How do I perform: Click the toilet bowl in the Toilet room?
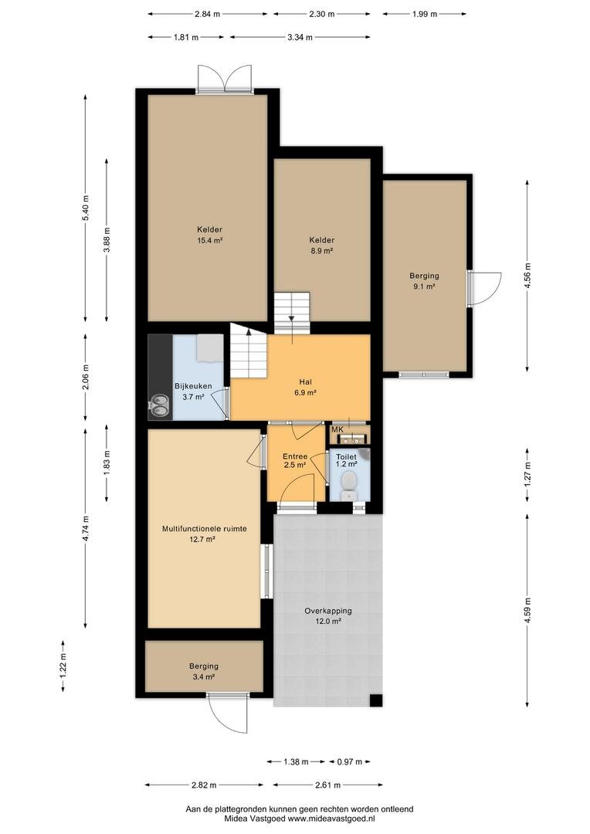pos(349,484)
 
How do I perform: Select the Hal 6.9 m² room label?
pos(305,387)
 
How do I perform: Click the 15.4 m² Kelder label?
pos(209,235)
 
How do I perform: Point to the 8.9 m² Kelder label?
pos(322,246)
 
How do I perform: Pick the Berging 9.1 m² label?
pos(424,281)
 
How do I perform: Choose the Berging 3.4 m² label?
pos(204,671)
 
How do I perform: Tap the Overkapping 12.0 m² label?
pos(327,616)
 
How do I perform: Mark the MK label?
pos(337,429)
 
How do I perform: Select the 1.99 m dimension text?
pos(424,15)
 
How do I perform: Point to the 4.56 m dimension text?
pos(527,276)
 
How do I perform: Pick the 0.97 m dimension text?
pos(350,761)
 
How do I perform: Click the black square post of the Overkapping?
pos(376,700)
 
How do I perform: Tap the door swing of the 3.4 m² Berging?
pos(228,713)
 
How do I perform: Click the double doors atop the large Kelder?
pos(224,80)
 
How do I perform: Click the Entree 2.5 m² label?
pos(294,460)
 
